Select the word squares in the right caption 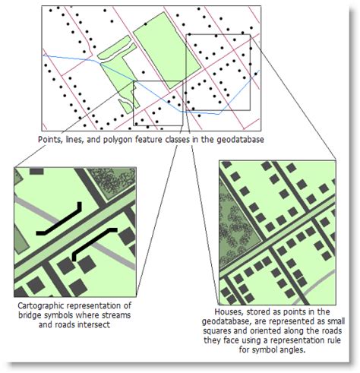pos(218,331)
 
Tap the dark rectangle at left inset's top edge pos(36,171)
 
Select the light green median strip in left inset pos(75,234)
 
